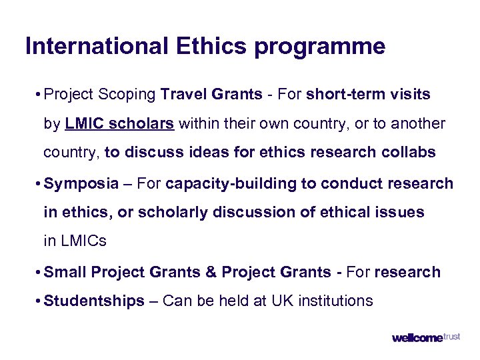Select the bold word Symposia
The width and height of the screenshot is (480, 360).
81,183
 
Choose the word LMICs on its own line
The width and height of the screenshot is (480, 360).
75,241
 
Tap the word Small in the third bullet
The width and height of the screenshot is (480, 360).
65,272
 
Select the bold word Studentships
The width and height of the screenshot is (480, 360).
94,301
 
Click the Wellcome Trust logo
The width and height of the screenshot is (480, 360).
425,337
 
